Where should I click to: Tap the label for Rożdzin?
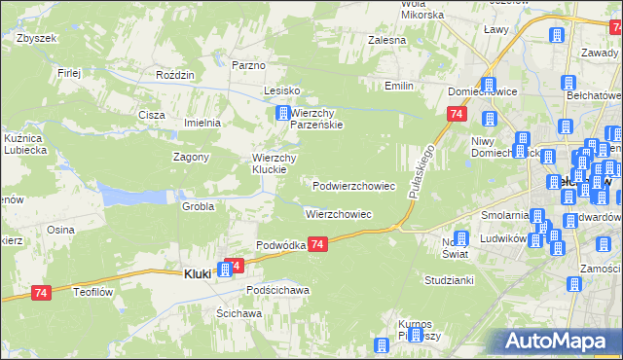click(x=176, y=75)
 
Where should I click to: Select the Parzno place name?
click(x=249, y=65)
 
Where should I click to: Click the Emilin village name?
click(x=399, y=87)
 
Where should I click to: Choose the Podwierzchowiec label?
click(x=353, y=185)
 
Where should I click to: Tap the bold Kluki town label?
click(x=197, y=274)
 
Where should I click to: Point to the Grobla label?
click(x=198, y=206)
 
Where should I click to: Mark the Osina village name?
click(x=60, y=230)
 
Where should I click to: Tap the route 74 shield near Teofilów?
click(x=41, y=293)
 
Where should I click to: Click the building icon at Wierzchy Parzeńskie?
click(x=283, y=114)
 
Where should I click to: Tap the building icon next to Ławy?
click(x=558, y=34)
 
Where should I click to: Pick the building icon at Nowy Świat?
click(x=460, y=238)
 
